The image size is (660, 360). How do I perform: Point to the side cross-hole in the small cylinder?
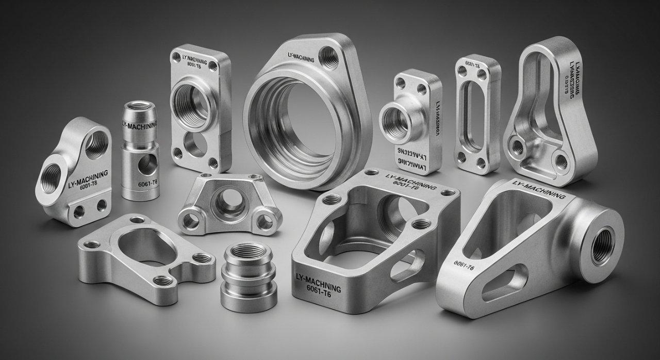[148, 163]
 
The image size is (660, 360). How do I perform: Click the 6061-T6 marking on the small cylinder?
[147, 184]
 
